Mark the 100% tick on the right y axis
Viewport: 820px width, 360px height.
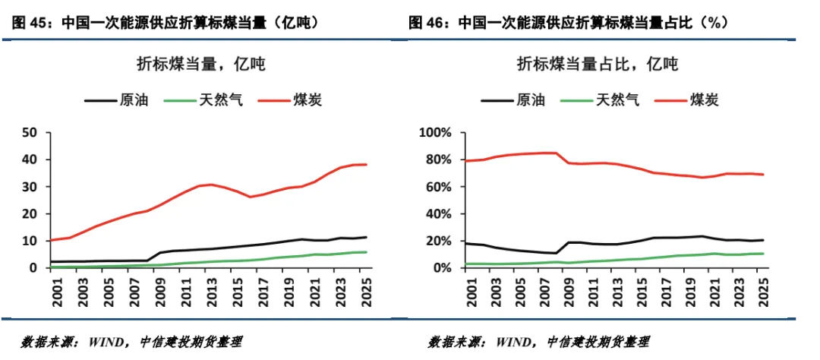(x=436, y=133)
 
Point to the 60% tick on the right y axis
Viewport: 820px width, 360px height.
(x=439, y=187)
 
